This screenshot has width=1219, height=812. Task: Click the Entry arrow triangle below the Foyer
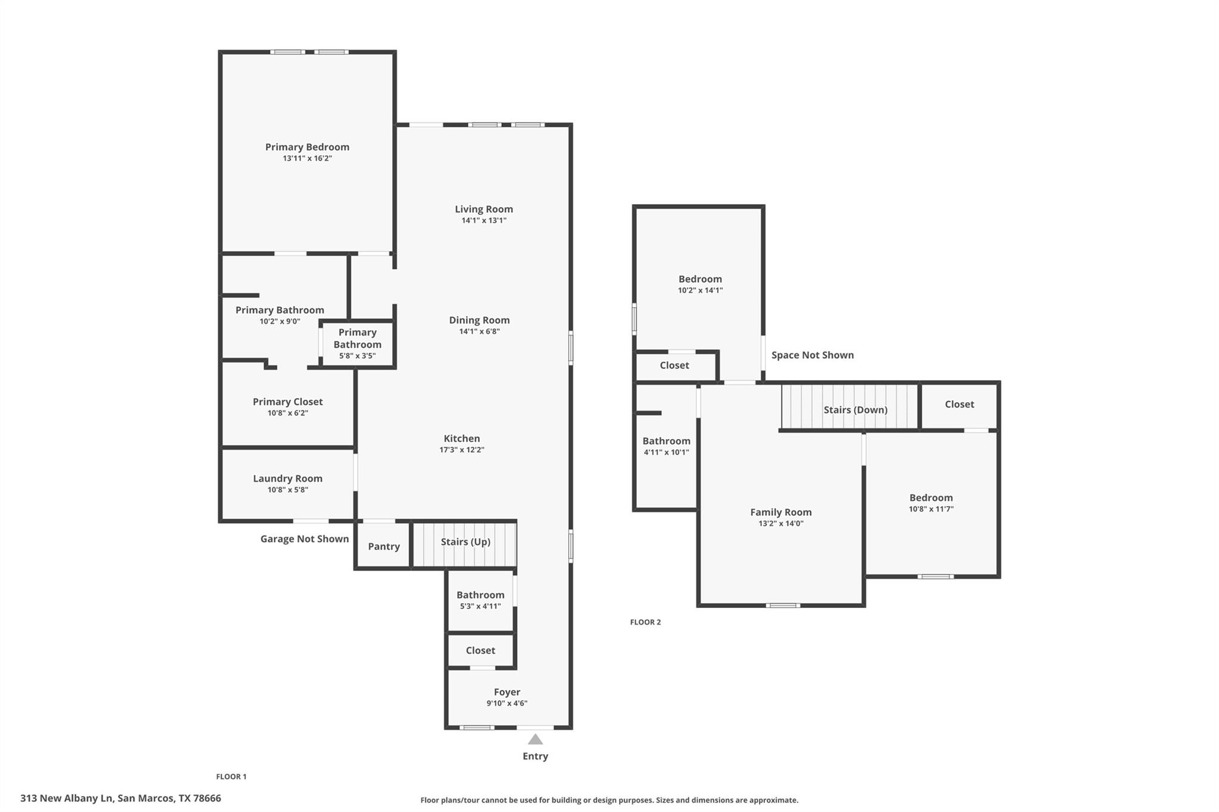[x=535, y=739]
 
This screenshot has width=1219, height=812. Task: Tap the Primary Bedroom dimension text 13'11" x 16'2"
[x=307, y=158]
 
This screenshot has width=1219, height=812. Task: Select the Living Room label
[x=484, y=209]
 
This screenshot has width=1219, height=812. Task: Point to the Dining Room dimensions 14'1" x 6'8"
[x=479, y=331]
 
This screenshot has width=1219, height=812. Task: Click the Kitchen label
[x=462, y=438]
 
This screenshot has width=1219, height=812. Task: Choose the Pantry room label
[x=384, y=546]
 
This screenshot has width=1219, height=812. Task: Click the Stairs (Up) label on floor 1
[x=465, y=541]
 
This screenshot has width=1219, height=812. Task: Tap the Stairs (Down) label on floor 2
[x=855, y=409]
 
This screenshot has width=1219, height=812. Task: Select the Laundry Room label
[x=287, y=478]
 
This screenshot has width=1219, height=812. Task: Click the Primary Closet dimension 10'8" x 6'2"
[x=287, y=413]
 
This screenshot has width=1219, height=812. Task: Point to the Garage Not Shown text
[x=305, y=538]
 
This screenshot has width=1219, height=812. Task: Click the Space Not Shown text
[x=812, y=355]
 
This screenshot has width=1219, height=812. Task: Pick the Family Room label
[x=781, y=512]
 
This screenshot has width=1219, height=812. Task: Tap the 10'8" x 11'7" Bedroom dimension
[x=931, y=509]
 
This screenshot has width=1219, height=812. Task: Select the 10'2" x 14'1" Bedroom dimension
[x=700, y=290]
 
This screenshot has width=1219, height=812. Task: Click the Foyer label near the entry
[x=507, y=692]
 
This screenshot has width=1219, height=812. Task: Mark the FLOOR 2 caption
[x=645, y=622]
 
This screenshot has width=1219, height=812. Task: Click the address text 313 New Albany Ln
[x=120, y=798]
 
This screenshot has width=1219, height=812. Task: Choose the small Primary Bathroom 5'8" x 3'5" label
[x=357, y=344]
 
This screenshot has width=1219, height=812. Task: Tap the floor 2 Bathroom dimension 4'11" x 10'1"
[x=666, y=452]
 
